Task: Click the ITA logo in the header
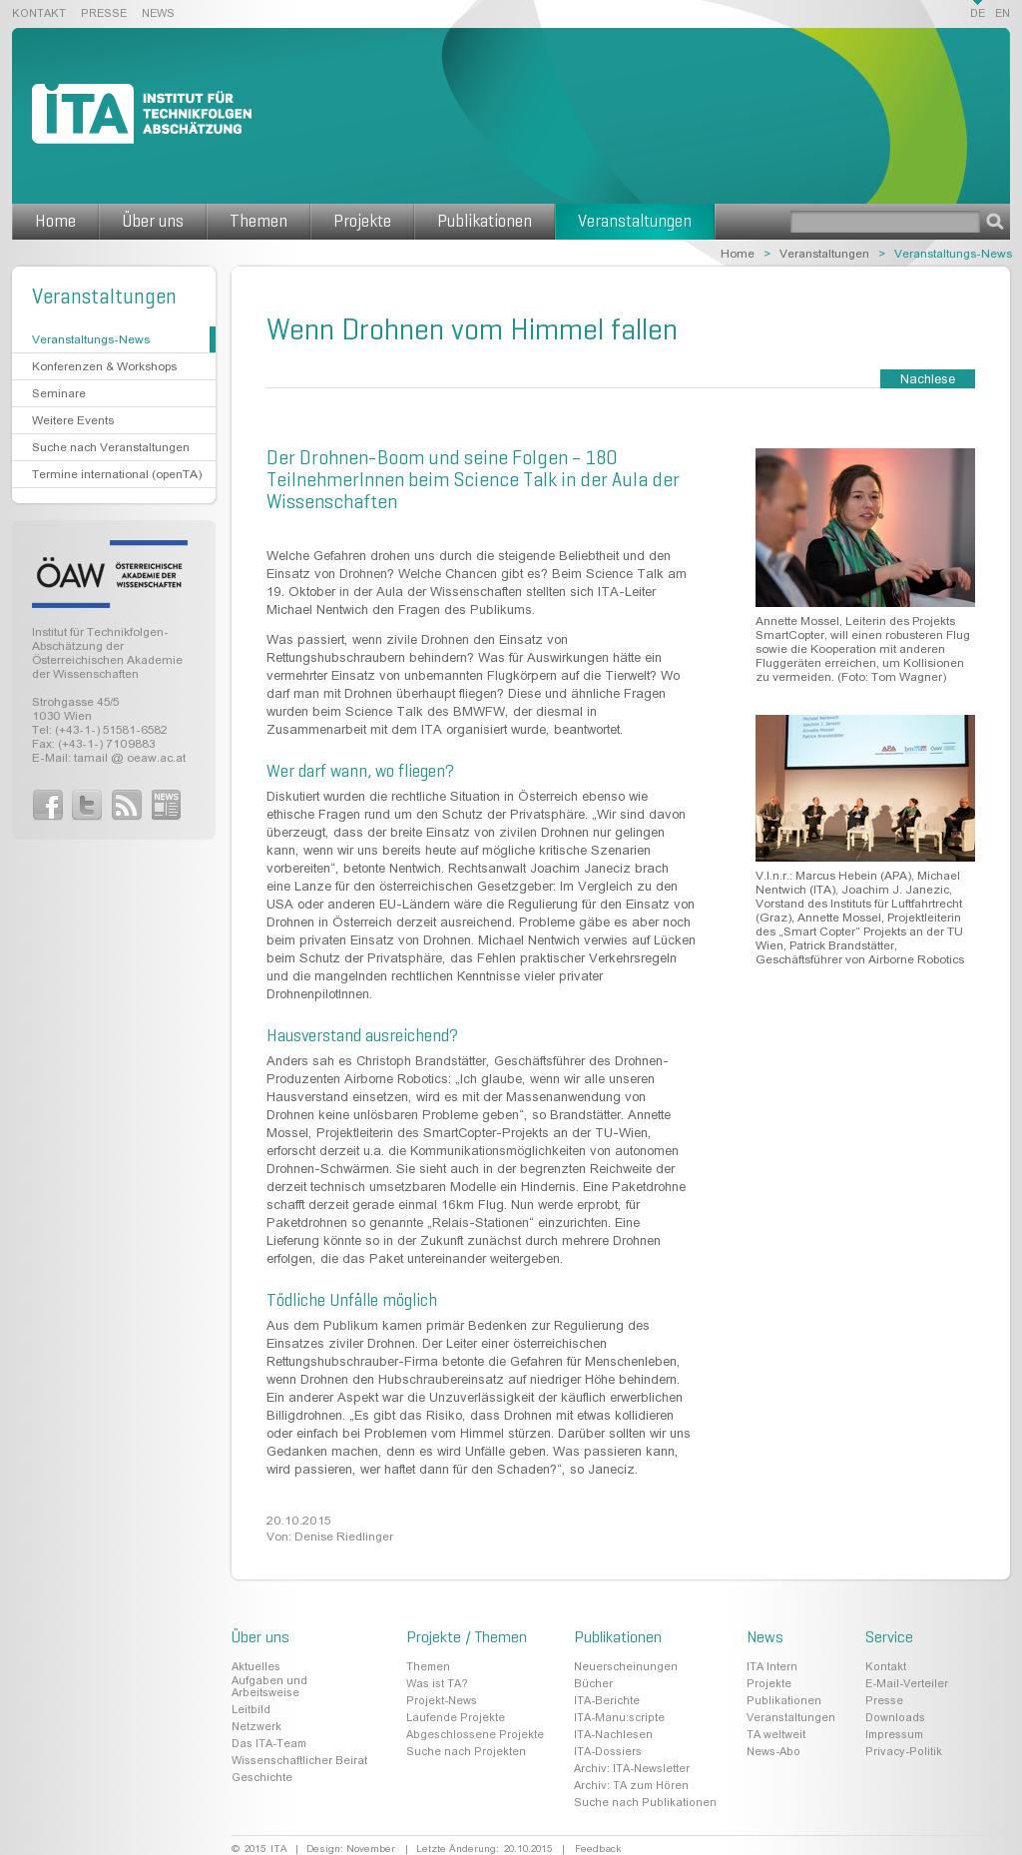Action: (x=141, y=114)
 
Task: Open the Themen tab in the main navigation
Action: (x=258, y=222)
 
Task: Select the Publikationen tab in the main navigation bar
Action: (x=484, y=222)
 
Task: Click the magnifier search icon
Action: (x=994, y=222)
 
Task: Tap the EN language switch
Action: (x=1002, y=14)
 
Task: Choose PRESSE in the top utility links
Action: (x=104, y=14)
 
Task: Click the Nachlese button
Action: (x=927, y=379)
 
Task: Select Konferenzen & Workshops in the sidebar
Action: (x=104, y=366)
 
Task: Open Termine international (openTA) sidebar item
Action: (x=117, y=474)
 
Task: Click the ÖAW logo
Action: (x=110, y=574)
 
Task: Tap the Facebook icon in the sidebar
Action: (x=48, y=805)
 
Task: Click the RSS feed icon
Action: (x=127, y=805)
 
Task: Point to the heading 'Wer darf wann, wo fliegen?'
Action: (x=360, y=772)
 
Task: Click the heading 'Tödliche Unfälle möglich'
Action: (x=351, y=1300)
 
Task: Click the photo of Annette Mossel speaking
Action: (x=864, y=527)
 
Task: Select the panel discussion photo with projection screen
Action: (x=864, y=788)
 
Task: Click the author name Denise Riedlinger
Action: (x=343, y=1537)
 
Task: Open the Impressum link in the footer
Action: (x=893, y=1734)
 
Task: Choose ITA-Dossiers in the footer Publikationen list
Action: (x=607, y=1751)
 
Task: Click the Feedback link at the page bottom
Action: (x=598, y=1849)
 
